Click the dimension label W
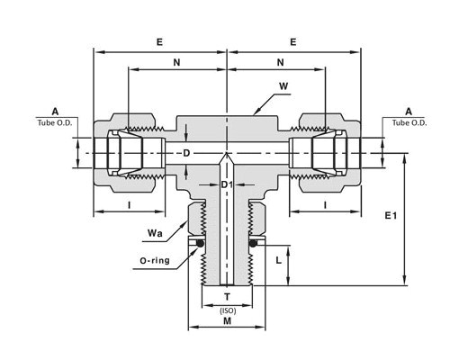pyautogui.click(x=283, y=86)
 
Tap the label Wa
pyautogui.click(x=155, y=233)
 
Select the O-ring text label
pyautogui.click(x=155, y=260)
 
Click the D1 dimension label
pyautogui.click(x=227, y=184)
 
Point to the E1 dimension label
pyautogui.click(x=391, y=215)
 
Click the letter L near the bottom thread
pyautogui.click(x=279, y=260)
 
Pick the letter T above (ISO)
pyautogui.click(x=227, y=297)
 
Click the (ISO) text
pyautogui.click(x=228, y=310)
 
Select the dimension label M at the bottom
pyautogui.click(x=228, y=321)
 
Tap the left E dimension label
pyautogui.click(x=159, y=42)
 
